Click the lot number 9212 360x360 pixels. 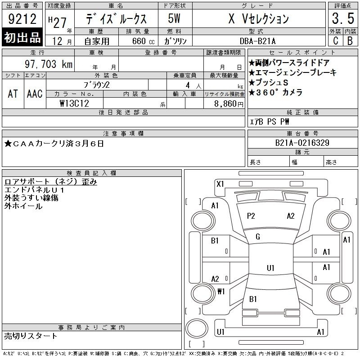(x=22, y=19)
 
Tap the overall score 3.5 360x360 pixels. (x=343, y=18)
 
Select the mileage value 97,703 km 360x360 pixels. (x=49, y=64)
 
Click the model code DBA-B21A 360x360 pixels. (x=257, y=41)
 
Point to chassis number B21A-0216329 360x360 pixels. (x=302, y=143)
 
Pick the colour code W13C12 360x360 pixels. (x=74, y=103)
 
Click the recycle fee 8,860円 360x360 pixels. (x=229, y=104)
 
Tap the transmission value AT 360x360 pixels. (x=13, y=94)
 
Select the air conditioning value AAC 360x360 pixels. (x=35, y=94)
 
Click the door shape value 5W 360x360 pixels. (x=174, y=18)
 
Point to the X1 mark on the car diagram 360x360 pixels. (x=220, y=184)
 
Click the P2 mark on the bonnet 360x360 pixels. (x=251, y=216)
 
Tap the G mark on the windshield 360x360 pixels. (x=258, y=237)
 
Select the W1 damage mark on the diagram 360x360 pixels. (x=221, y=291)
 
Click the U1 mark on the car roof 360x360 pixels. (x=271, y=268)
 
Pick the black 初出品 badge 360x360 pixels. (x=22, y=37)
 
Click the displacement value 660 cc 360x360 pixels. (x=144, y=41)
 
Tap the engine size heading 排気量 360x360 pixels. (x=138, y=31)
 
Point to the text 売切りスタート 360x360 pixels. (x=31, y=336)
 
